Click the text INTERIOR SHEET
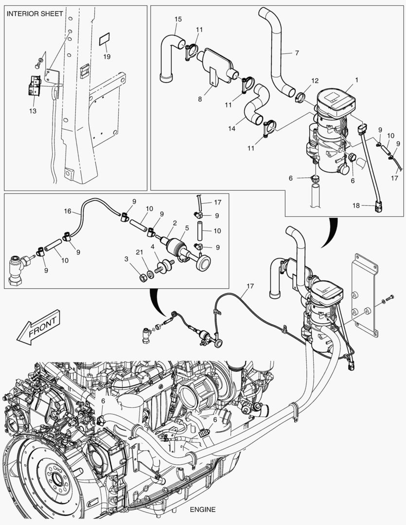pos(35,14)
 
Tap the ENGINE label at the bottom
pos(203,509)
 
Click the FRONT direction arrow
pos(38,325)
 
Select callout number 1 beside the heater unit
pos(356,79)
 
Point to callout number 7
pos(297,53)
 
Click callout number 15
pos(178,19)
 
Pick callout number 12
pos(315,80)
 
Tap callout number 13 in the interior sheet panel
pos(33,111)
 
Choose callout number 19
pos(106,56)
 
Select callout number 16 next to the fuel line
pos(68,211)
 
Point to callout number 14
pos(231,128)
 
